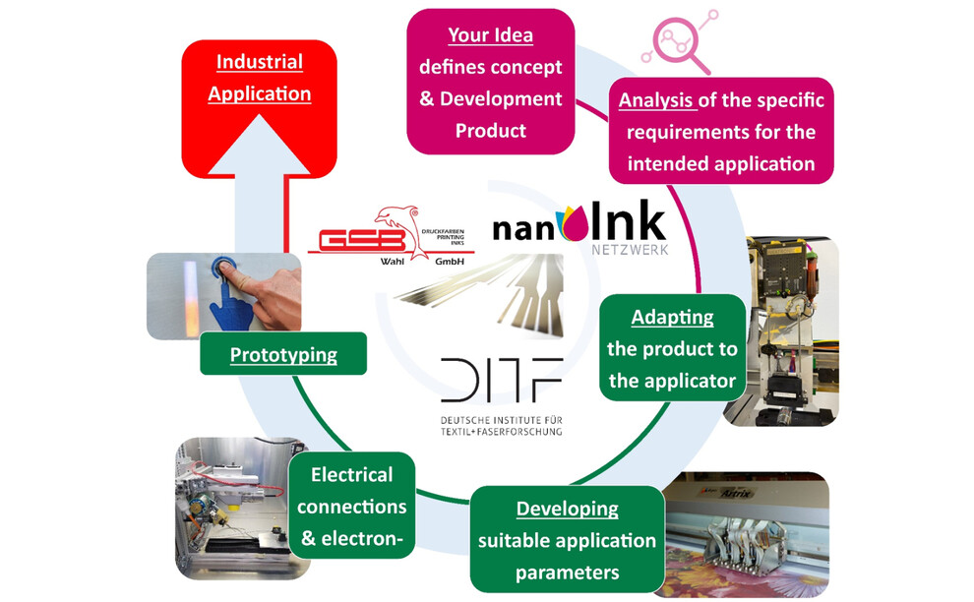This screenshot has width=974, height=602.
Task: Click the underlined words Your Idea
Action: (x=490, y=36)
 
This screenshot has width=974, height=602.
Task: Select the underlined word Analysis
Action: (x=656, y=100)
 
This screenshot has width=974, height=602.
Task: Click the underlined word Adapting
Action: (x=673, y=319)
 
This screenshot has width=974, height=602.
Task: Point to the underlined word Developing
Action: (x=568, y=509)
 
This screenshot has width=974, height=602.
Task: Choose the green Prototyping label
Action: (x=283, y=355)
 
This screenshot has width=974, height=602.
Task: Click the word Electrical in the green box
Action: (x=351, y=475)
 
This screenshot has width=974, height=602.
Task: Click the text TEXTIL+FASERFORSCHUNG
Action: (x=502, y=431)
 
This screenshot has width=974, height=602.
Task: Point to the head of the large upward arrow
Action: (x=260, y=148)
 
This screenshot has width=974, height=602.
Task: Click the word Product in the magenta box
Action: (x=491, y=130)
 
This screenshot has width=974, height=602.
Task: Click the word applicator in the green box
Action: (x=673, y=380)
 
